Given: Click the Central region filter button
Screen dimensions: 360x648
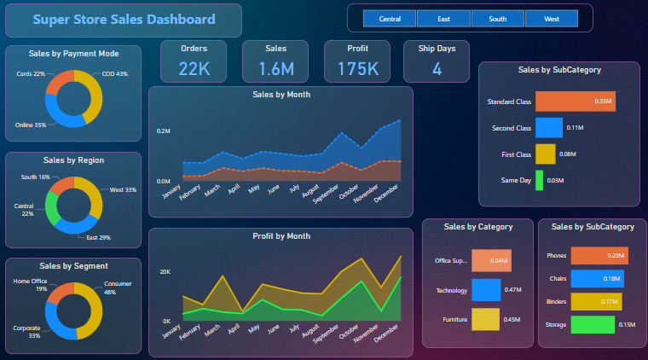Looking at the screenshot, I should [390, 18].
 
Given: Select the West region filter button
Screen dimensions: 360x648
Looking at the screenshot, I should [551, 18].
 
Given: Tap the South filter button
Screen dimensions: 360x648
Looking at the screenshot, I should [497, 18].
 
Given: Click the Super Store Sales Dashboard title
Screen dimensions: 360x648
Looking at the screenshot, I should [124, 20].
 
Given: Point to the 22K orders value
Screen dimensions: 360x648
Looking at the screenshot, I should [194, 69].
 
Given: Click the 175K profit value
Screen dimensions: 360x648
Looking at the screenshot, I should [357, 69].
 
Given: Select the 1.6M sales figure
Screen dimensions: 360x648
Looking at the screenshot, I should [275, 69].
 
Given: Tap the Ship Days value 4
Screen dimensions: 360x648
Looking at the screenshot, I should [437, 69].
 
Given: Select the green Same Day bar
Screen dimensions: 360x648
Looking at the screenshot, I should [539, 180].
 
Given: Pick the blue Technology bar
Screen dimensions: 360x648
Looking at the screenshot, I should [485, 290].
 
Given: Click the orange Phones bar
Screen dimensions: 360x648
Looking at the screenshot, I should [599, 255].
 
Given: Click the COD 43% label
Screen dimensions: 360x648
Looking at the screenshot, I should [114, 74].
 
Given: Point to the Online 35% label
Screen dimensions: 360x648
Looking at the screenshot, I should [31, 125].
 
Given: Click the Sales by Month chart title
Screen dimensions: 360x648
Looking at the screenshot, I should [281, 95].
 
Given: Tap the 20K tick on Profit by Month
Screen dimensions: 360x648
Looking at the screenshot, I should [166, 271].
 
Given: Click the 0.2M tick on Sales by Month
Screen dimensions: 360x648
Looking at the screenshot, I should [164, 131].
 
